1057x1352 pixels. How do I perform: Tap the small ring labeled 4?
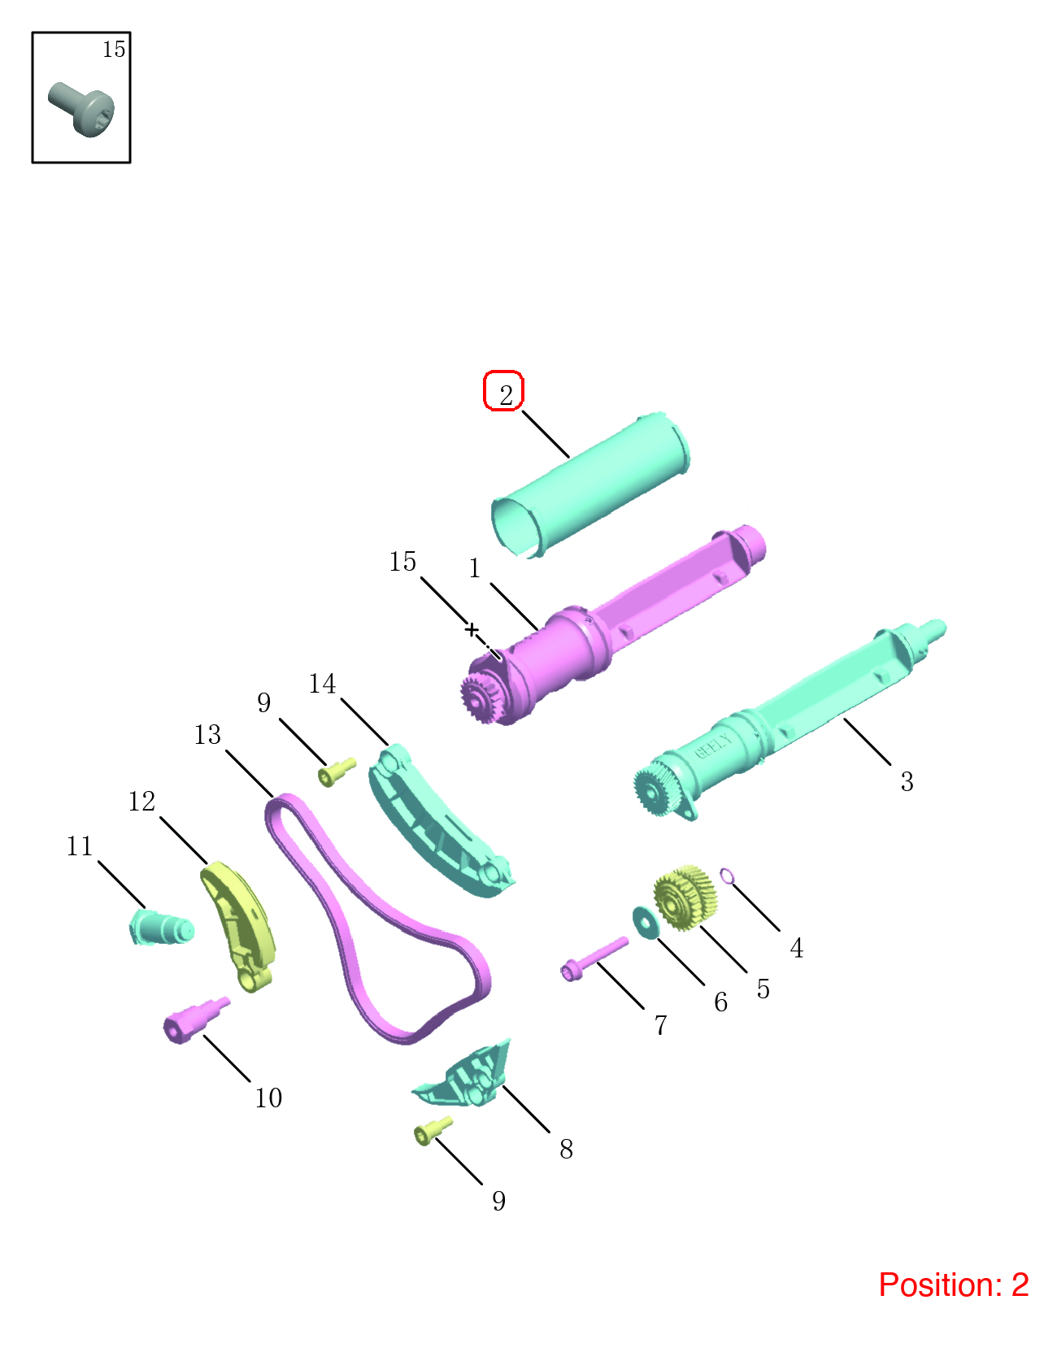pyautogui.click(x=727, y=876)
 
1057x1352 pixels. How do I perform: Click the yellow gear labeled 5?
pyautogui.click(x=685, y=898)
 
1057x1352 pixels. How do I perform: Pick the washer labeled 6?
pyautogui.click(x=645, y=924)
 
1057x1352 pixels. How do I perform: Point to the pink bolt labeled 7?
pyautogui.click(x=594, y=959)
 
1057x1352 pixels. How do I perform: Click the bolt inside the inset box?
pyautogui.click(x=81, y=109)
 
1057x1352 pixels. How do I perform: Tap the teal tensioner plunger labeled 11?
pyautogui.click(x=161, y=928)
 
